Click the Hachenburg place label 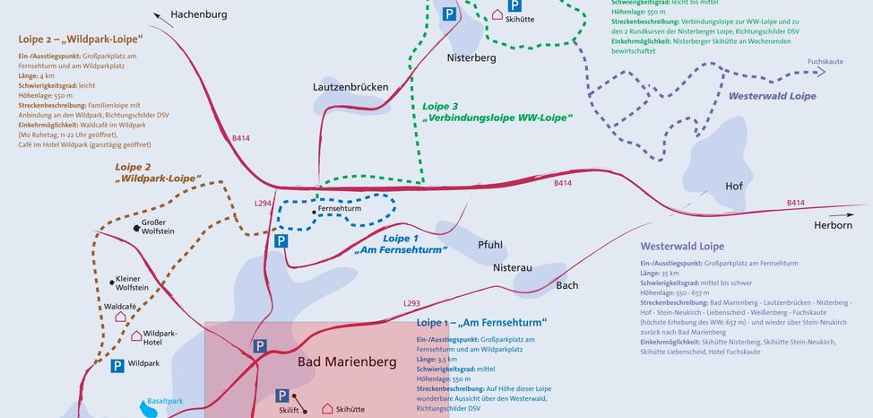[x=199, y=14]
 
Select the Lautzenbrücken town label [x=350, y=88]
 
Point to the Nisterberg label [x=471, y=57]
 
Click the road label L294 [x=263, y=204]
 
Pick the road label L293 [x=412, y=304]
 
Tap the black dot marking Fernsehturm [x=312, y=212]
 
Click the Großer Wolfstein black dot [x=136, y=228]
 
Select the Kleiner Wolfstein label [x=133, y=283]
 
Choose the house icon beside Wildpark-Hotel [x=136, y=336]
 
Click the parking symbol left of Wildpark [x=117, y=365]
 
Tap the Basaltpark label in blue [x=165, y=401]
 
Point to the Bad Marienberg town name [x=345, y=362]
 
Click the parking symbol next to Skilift [x=281, y=395]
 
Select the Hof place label [x=734, y=187]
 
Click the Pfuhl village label [x=490, y=244]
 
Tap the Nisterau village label [x=513, y=267]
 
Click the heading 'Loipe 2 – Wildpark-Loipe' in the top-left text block [x=80, y=40]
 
